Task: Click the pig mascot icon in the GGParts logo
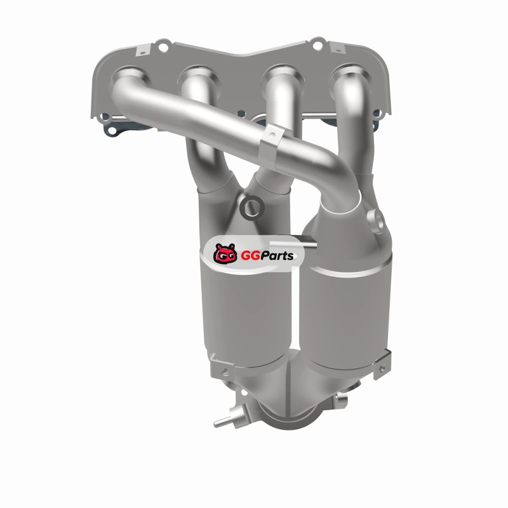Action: [225, 253]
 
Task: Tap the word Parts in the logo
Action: [277, 256]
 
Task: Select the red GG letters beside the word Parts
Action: [250, 256]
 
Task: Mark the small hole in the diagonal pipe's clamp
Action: [272, 133]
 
